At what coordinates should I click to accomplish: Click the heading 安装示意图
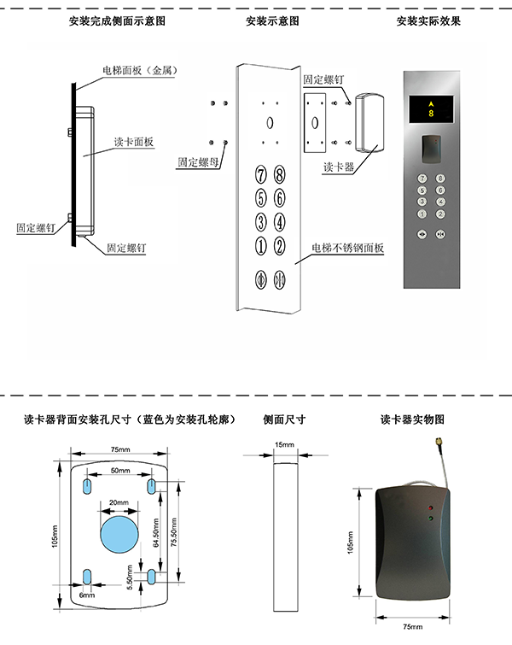coord(272,21)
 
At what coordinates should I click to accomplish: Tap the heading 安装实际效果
coord(428,21)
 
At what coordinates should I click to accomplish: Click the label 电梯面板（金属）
coord(140,70)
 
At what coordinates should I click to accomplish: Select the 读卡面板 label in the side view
coord(134,142)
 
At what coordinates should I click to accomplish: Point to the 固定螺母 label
coord(198,162)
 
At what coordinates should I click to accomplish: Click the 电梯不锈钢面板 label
coord(347,248)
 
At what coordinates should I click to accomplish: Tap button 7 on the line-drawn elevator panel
coord(261,174)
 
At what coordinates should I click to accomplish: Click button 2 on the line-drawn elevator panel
coord(279,246)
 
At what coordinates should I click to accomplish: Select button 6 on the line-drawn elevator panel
coord(279,198)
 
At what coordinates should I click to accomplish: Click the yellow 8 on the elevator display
coord(431,113)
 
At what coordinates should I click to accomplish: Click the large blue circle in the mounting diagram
coord(119,534)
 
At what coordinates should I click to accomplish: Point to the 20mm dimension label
coord(119,502)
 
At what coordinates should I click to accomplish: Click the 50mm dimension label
coord(120,470)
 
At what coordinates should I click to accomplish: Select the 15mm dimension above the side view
coord(284,445)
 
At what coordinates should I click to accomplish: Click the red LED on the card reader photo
coord(430,507)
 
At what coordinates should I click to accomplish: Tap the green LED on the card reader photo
coord(430,519)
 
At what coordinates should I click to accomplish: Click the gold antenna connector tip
coord(436,443)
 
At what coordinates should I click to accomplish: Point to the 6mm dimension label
coord(87,595)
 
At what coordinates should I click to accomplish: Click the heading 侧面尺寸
coord(284,419)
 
